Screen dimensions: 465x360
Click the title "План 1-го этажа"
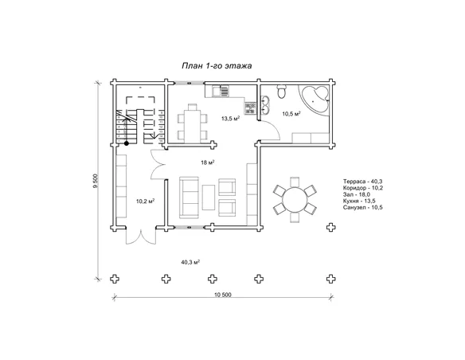click(217, 65)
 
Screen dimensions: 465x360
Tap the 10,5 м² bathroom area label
click(291, 114)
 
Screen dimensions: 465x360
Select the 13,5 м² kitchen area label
click(230, 119)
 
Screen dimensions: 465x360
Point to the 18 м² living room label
click(208, 162)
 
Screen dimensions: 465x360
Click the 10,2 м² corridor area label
click(145, 202)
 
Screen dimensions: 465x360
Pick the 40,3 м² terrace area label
click(190, 262)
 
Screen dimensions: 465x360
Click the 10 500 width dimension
click(222, 295)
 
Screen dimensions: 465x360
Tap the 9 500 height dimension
click(96, 181)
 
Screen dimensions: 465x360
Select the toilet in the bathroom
click(281, 92)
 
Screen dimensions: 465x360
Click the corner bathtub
click(315, 99)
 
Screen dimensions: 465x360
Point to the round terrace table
click(295, 200)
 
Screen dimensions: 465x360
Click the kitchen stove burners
click(250, 108)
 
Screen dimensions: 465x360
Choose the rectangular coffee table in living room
click(209, 198)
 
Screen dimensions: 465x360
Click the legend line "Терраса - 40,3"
click(363, 181)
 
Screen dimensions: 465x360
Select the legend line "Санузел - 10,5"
click(363, 207)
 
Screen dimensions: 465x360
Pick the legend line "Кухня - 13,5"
click(359, 201)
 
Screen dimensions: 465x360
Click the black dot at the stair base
click(127, 143)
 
